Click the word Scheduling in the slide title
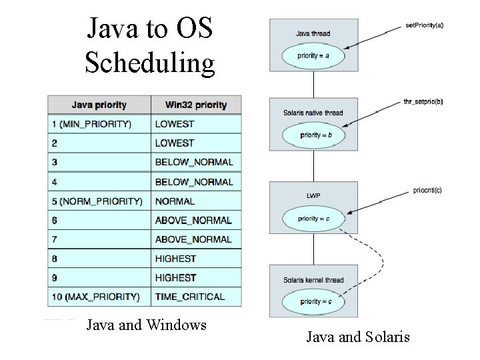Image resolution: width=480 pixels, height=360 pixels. (x=150, y=63)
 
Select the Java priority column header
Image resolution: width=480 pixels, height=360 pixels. (x=99, y=105)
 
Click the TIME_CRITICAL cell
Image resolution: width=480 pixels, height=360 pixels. (x=189, y=297)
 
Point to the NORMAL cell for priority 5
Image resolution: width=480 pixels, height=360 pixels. (x=175, y=201)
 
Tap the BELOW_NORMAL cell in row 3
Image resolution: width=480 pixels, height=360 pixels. (x=193, y=162)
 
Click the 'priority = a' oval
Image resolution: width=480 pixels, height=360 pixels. (x=313, y=56)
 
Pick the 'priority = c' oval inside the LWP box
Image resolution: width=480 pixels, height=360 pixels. (x=313, y=218)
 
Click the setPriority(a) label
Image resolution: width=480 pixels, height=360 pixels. (x=424, y=25)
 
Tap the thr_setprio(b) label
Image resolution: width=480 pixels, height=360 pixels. (x=423, y=102)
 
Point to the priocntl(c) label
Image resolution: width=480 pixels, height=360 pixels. (x=426, y=190)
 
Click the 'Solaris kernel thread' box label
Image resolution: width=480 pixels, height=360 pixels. (x=313, y=280)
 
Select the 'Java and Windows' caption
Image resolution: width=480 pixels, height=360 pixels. (x=147, y=325)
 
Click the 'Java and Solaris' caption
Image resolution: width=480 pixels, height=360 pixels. (x=358, y=337)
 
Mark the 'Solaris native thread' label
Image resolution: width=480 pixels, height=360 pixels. (x=313, y=113)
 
